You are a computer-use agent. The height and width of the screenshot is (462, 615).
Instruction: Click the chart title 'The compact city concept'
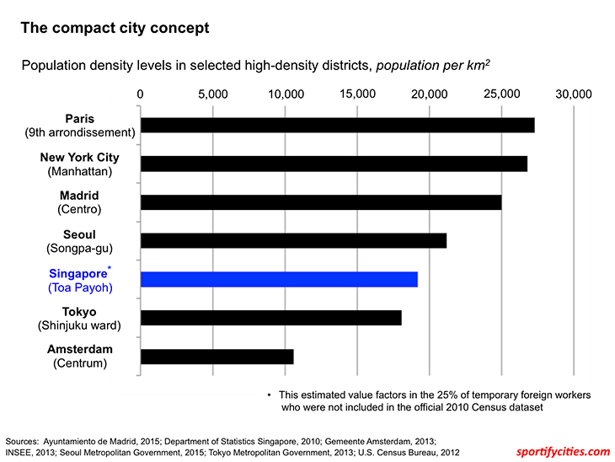(115, 28)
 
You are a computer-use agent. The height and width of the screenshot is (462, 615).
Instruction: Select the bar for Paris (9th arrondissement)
(337, 125)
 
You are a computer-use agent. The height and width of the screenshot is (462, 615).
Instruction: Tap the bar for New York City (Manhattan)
(334, 164)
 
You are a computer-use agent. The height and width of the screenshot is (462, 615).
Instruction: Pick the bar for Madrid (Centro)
(321, 202)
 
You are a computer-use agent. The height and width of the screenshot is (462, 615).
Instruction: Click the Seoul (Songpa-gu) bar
(293, 241)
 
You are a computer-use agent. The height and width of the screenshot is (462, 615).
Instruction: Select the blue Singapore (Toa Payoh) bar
(279, 280)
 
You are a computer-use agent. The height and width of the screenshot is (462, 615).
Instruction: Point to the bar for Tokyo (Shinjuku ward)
(270, 318)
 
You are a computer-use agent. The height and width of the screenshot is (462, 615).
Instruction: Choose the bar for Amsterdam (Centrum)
(217, 357)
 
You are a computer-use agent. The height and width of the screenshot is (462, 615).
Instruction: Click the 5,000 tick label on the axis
(212, 94)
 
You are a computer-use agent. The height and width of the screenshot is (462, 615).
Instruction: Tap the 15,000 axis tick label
(357, 94)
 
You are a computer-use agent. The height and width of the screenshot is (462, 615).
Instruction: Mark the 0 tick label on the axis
(140, 94)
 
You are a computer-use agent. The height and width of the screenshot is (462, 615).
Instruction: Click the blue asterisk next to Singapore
(110, 268)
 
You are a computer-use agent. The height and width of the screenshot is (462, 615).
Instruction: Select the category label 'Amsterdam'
(80, 349)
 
